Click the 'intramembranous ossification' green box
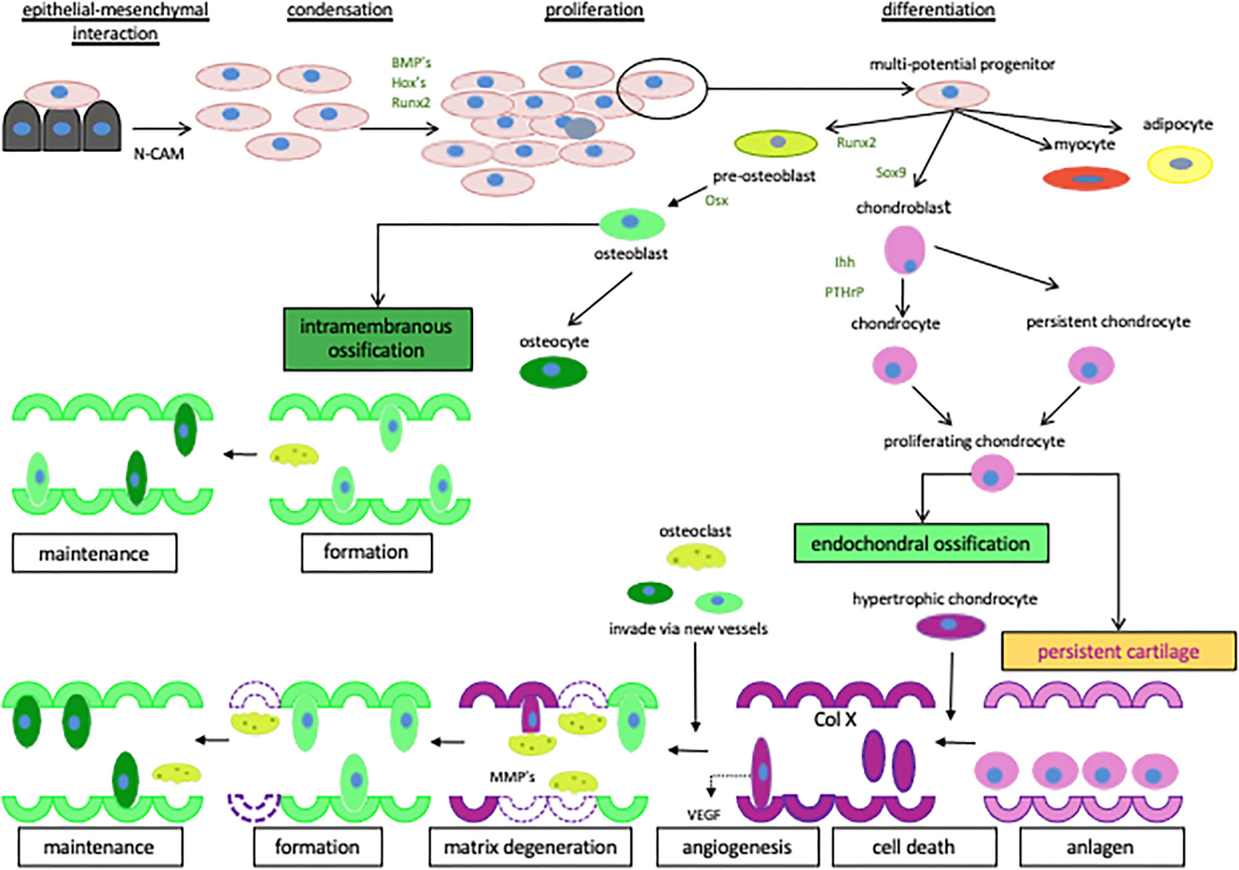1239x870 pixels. coord(378,339)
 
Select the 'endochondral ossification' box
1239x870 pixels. coord(921,544)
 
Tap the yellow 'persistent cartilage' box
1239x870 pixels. coord(1118,652)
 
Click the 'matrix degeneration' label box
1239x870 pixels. coord(530,847)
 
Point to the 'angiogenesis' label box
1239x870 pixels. coord(737,847)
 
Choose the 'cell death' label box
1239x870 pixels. coord(913,847)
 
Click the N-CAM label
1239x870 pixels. coord(159,154)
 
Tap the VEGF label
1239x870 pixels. coord(704,815)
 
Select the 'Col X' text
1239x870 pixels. coord(835,719)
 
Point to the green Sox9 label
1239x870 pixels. coord(890,172)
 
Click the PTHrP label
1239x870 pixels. coord(844,292)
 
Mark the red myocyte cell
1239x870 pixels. coord(1086,179)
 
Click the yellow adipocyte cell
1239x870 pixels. coord(1180,164)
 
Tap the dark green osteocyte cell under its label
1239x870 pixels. coord(553,371)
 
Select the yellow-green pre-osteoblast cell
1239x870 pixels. coord(776,143)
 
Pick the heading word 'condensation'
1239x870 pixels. coord(339,10)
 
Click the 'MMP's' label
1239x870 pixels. coord(512,777)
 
